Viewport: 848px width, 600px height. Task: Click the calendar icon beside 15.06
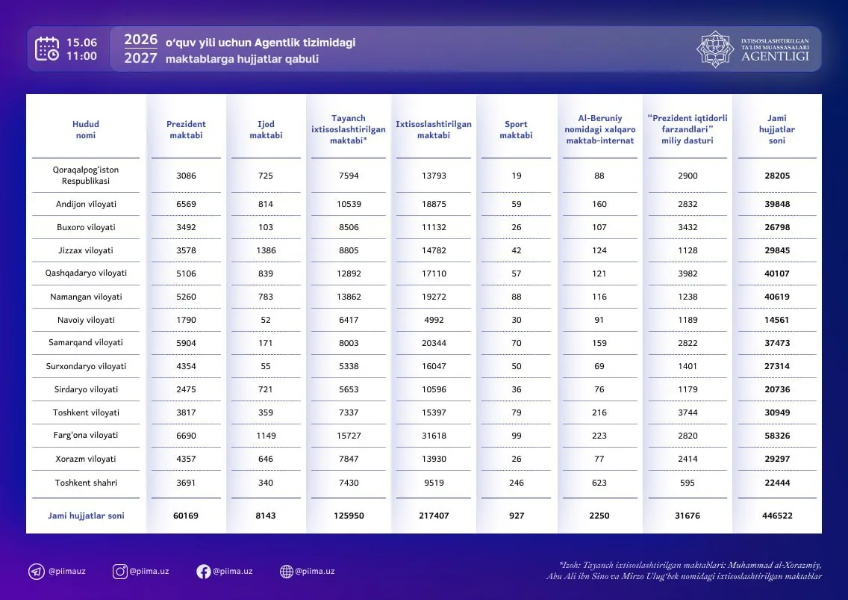click(47, 49)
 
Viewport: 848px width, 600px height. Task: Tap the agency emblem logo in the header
click(715, 49)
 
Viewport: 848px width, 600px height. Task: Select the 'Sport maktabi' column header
click(516, 129)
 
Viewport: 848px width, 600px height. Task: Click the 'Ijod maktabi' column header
click(266, 129)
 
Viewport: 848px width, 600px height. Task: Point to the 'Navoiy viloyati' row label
click(86, 320)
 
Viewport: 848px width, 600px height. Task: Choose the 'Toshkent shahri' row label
click(86, 483)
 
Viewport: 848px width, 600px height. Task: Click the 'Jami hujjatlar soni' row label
click(86, 516)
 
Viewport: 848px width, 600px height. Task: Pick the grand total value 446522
click(777, 516)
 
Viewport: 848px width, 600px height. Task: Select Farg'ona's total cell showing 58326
click(777, 436)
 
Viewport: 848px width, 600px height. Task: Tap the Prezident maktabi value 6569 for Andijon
click(186, 204)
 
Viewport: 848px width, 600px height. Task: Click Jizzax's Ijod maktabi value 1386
click(266, 250)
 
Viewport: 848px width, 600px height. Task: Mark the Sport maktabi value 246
click(517, 483)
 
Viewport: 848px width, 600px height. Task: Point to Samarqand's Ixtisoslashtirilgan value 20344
click(434, 343)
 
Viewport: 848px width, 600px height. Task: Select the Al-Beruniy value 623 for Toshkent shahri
click(599, 483)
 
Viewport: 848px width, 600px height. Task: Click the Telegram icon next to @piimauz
click(37, 572)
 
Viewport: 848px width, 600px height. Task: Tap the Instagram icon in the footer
click(119, 572)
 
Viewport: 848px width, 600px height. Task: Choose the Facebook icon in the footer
click(203, 572)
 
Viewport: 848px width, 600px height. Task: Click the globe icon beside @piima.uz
click(286, 572)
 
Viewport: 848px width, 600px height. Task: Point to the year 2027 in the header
click(140, 58)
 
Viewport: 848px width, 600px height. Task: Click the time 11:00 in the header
click(81, 56)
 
